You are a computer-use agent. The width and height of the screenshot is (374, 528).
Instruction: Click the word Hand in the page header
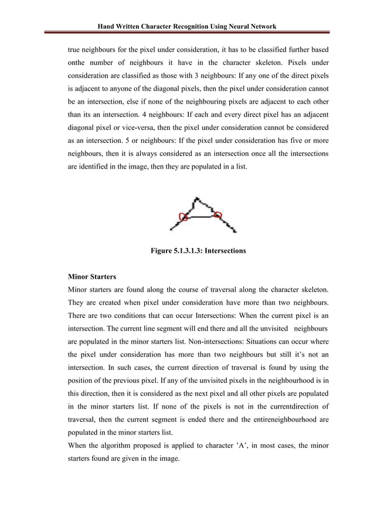[107, 26]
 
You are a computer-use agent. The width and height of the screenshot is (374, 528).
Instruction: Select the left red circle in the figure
[183, 218]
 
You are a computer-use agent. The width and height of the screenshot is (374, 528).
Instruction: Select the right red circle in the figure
[217, 215]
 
